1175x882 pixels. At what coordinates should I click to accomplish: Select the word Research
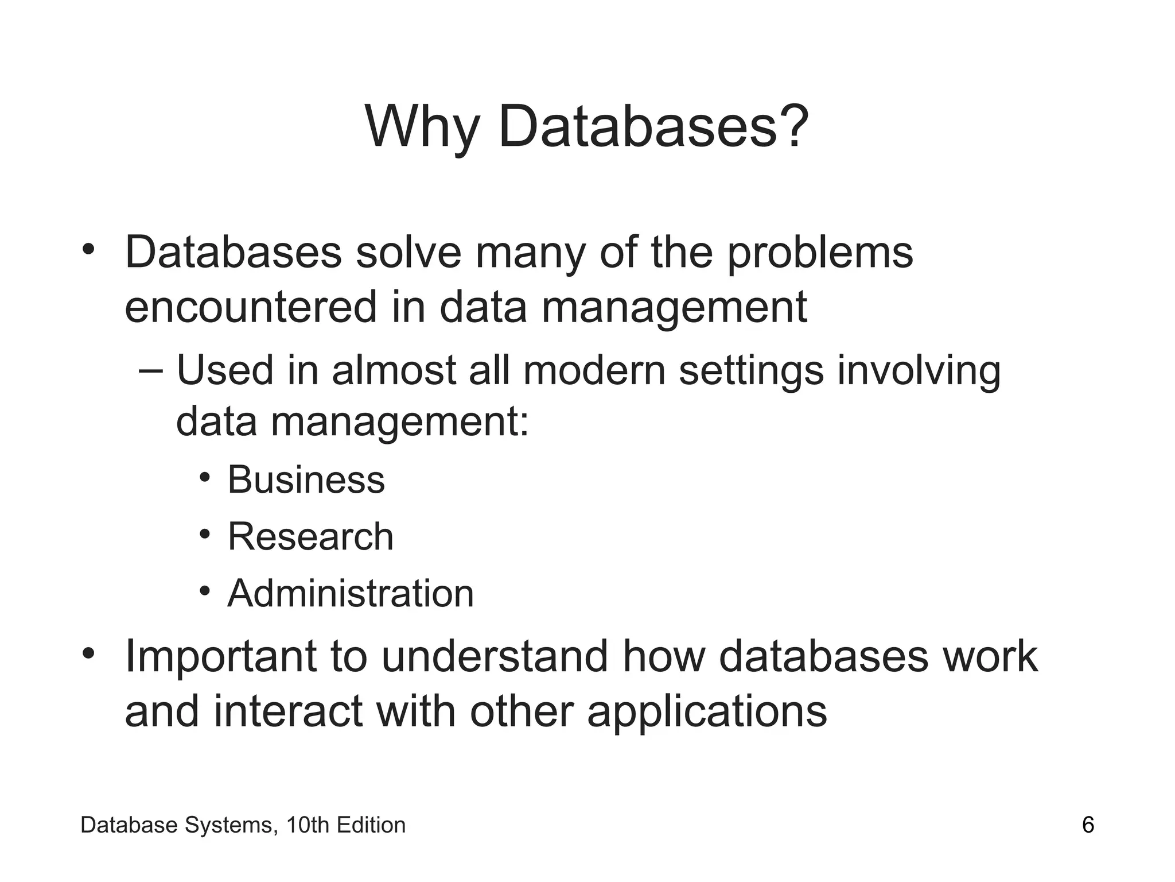coord(310,537)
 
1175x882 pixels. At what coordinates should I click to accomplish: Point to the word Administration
coord(351,593)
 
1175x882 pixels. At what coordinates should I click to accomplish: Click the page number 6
coord(1088,825)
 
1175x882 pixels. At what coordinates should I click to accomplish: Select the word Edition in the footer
coord(371,825)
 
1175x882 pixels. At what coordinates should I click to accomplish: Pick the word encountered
coord(251,307)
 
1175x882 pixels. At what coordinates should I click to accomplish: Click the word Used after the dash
coord(225,370)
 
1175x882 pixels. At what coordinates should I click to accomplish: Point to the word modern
coord(594,370)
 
